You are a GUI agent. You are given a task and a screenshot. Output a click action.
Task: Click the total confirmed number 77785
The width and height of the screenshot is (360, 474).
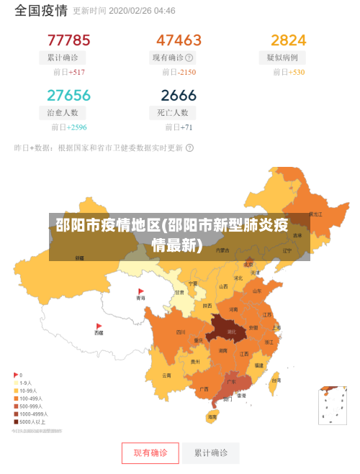[68, 40]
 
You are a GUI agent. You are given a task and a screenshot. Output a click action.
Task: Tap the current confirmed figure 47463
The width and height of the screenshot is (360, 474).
[179, 40]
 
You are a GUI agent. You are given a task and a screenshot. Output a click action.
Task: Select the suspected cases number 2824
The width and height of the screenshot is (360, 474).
[288, 40]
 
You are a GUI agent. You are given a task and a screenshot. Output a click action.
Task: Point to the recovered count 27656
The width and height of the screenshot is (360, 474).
[68, 96]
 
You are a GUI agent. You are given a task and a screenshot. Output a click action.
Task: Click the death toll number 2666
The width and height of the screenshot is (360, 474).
[179, 96]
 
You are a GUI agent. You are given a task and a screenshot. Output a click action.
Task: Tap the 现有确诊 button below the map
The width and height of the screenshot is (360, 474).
[150, 453]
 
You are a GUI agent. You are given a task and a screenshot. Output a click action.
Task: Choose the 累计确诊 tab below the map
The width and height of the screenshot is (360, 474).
[210, 453]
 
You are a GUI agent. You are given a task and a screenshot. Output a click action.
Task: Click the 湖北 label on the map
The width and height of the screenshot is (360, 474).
[231, 332]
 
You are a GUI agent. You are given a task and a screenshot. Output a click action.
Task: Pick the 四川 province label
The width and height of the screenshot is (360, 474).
[181, 332]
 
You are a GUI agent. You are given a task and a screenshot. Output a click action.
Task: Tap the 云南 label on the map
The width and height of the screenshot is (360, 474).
[166, 375]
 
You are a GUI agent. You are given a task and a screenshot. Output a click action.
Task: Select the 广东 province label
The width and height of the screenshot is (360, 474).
[231, 382]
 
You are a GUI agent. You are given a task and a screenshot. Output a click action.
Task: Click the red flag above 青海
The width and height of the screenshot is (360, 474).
[141, 291]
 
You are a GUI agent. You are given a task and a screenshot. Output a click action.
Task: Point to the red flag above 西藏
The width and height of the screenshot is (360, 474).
[99, 326]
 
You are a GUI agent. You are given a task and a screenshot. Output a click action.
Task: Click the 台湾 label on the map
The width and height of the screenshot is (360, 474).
[275, 381]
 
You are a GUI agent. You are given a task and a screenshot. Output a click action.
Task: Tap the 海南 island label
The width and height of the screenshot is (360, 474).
[212, 417]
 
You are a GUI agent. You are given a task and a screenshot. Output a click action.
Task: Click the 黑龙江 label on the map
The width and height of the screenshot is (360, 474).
[315, 214]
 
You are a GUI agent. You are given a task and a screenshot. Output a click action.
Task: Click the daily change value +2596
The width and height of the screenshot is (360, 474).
[76, 127]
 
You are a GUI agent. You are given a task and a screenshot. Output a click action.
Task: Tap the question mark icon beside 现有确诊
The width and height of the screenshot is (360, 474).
[189, 57]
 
